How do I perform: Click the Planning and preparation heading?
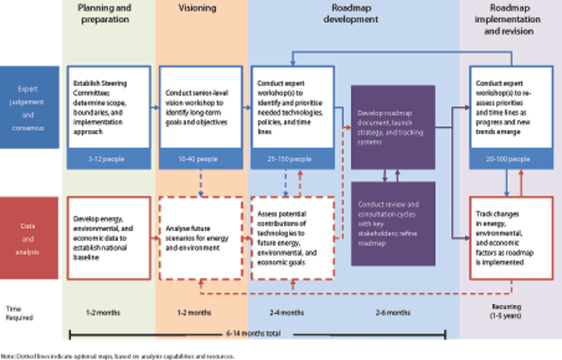click(108, 15)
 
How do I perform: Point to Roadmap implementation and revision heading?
click(509, 19)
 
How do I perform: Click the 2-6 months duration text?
click(393, 311)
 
